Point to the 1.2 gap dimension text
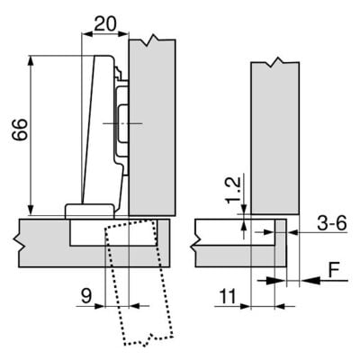[232, 190]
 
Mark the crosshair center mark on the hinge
[119, 120]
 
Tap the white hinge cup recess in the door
[90, 232]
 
